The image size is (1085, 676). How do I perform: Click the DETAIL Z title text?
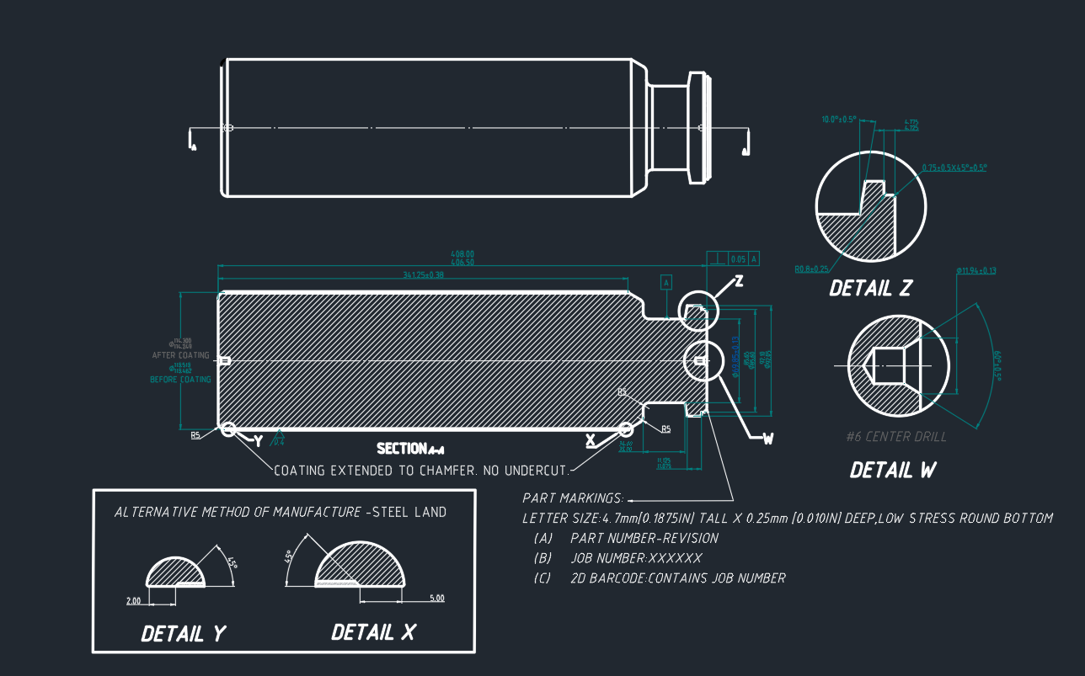(x=870, y=289)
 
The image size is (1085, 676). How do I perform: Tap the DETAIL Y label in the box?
(x=184, y=633)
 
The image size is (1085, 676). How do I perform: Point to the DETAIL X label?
(x=373, y=632)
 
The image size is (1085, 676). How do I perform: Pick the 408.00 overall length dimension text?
(x=462, y=253)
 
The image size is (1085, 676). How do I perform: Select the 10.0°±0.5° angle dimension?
(x=838, y=120)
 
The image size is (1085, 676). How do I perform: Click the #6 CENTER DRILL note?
(x=895, y=437)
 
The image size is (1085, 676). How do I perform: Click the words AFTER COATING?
(x=181, y=355)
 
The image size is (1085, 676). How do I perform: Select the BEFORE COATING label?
(x=180, y=380)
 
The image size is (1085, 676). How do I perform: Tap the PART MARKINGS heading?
(x=573, y=498)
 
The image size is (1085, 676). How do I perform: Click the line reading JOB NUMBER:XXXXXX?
(x=635, y=558)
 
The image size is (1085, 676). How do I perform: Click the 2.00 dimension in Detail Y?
(x=132, y=600)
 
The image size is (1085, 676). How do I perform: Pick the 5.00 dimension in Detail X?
(x=436, y=598)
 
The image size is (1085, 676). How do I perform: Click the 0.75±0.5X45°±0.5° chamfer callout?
(x=954, y=168)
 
